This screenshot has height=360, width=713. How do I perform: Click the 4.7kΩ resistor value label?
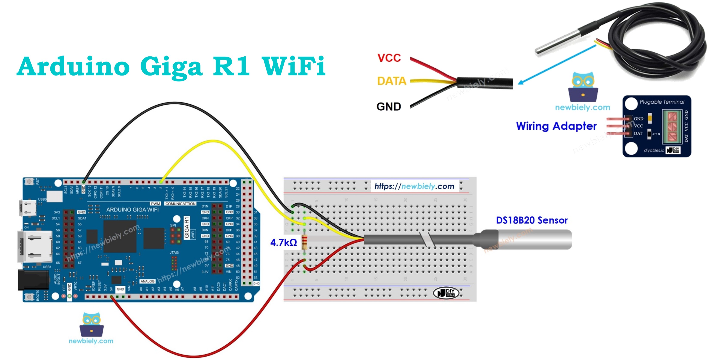point(283,243)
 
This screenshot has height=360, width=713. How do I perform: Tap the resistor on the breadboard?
point(304,242)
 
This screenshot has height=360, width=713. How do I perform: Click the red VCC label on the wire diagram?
point(389,58)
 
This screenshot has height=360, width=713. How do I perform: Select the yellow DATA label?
point(392,81)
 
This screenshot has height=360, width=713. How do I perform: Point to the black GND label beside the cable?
point(389,107)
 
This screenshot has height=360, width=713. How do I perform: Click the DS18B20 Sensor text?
point(531,220)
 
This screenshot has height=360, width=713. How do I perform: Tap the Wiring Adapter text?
point(556,126)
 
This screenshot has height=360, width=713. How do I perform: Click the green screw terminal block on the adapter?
point(672,127)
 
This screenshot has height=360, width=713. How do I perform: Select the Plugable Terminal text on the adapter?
point(662,102)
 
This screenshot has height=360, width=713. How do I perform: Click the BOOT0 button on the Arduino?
point(29,296)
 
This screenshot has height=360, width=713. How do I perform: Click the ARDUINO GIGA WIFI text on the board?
point(132,210)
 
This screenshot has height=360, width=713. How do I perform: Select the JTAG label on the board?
point(174,253)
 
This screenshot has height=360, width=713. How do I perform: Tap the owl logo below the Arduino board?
point(92,324)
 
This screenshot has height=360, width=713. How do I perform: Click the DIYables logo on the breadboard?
point(446,292)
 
